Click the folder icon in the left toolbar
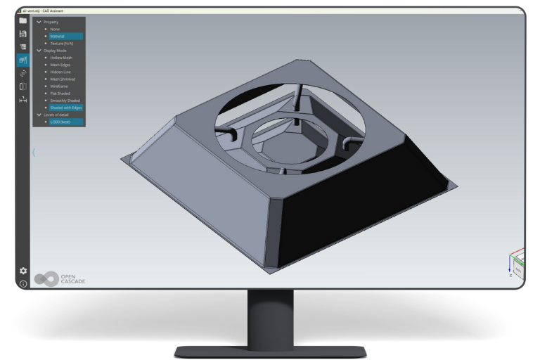click(22, 20)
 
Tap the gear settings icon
click(22, 271)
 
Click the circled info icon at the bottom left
click(22, 283)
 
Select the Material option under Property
click(58, 36)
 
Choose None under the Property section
click(56, 29)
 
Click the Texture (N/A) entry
click(61, 44)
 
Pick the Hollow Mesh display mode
click(60, 58)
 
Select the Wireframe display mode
click(59, 86)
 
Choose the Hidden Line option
click(60, 72)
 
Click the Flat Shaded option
click(60, 93)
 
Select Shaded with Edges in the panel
click(65, 108)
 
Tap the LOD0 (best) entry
click(60, 122)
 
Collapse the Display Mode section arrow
click(39, 51)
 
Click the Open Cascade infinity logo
click(46, 278)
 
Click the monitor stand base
click(269, 349)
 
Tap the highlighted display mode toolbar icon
click(22, 60)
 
